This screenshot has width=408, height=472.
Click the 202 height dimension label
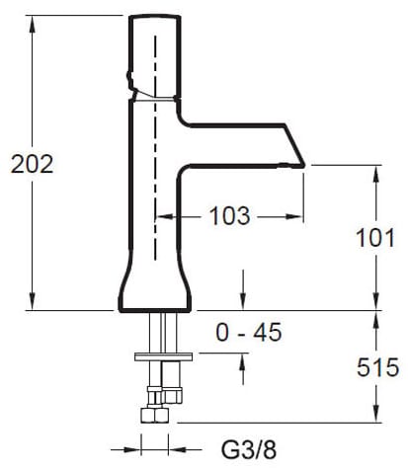point(32,164)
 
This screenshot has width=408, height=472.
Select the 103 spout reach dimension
point(229,216)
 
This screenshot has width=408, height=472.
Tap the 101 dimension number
point(375,238)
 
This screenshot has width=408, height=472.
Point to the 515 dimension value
point(377,367)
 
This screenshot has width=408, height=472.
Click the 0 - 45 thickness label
point(249,332)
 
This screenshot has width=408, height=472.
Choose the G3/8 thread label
point(249,449)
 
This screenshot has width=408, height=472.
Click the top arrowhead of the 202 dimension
point(32,24)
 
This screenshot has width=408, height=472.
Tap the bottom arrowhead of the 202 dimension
point(32,301)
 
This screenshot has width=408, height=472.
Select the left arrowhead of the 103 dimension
point(164,216)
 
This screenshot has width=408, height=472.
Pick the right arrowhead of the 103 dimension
point(294,216)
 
